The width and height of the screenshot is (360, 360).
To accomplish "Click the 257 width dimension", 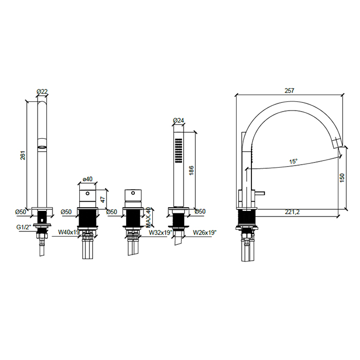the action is click(289, 91).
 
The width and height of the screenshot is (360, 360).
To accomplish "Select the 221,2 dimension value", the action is click(292, 212).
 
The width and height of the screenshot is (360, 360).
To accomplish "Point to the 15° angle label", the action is click(293, 161).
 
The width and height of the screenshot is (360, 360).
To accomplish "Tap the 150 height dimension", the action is click(342, 178).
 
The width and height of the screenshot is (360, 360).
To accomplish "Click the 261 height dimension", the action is click(23, 155).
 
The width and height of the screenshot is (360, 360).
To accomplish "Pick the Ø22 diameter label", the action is click(42, 92).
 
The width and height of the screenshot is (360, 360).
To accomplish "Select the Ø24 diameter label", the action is click(178, 120).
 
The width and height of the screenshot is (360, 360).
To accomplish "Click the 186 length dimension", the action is click(191, 170).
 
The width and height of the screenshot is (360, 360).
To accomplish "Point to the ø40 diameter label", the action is click(87, 178).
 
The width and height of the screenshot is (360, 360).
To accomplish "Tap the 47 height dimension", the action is click(103, 200).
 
